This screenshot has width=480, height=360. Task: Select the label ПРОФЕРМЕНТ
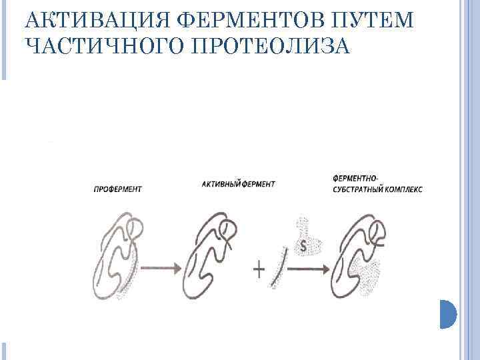[x=117, y=189]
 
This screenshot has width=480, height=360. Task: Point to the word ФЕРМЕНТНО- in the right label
[x=354, y=179]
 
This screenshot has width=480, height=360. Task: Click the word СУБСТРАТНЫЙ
[x=360, y=189]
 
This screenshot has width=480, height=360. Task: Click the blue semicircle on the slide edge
[x=447, y=314]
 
